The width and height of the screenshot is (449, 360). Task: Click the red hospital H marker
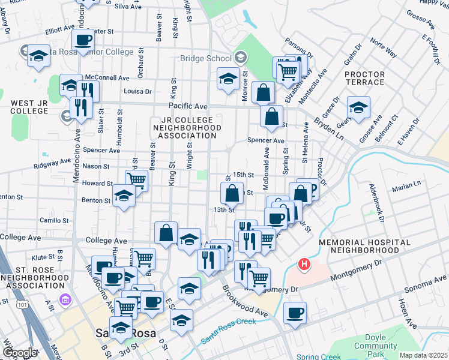coord(305,264)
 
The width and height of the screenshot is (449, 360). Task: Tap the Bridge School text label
coord(205,58)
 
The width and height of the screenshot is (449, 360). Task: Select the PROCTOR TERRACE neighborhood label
coord(364,78)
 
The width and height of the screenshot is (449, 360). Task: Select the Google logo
coord(20,353)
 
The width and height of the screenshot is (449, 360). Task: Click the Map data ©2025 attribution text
coord(423,355)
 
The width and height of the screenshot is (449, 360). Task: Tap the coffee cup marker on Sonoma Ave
coord(295,313)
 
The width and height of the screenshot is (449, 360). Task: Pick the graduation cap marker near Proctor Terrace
coord(358,107)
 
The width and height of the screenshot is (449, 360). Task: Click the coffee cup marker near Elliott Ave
coord(83,40)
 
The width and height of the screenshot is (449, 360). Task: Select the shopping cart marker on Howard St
coord(137,179)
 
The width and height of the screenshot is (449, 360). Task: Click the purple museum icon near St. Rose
coord(62,299)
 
